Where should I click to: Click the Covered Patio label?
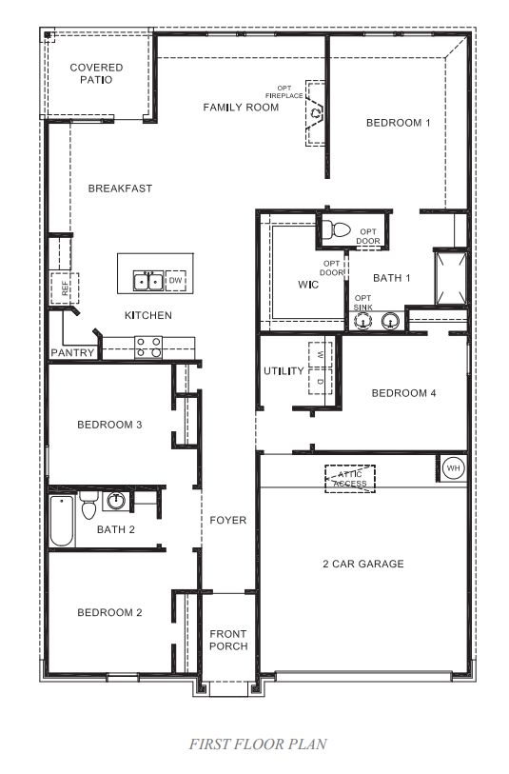click(96, 73)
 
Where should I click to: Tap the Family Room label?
click(241, 108)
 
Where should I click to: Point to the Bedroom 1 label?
click(400, 123)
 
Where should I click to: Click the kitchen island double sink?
click(147, 280)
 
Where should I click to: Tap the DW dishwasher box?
click(175, 281)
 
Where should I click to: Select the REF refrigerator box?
click(66, 288)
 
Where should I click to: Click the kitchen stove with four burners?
click(147, 347)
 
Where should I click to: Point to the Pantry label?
click(72, 353)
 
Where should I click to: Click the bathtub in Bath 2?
click(62, 521)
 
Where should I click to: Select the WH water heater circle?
click(452, 469)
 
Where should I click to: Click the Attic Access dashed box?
click(349, 478)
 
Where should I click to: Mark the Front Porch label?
click(228, 640)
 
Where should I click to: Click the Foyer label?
click(228, 521)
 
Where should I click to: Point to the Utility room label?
click(284, 371)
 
